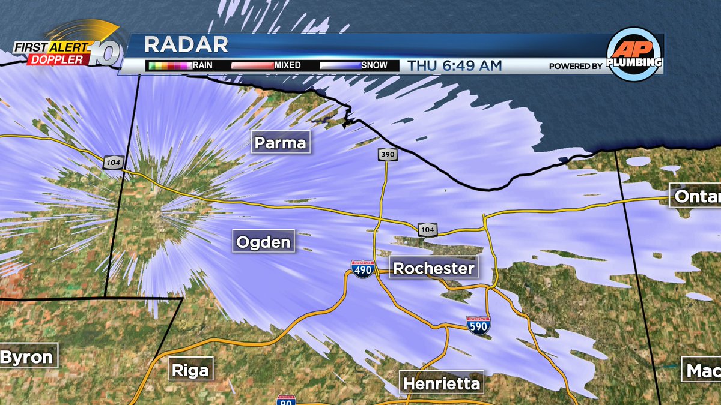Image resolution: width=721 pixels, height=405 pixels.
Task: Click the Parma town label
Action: pos(280,143)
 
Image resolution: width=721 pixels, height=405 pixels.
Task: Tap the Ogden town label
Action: pos(264,242)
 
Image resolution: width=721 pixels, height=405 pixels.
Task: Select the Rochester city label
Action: pos(434,268)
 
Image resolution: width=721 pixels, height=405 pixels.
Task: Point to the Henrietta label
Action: pos(442,383)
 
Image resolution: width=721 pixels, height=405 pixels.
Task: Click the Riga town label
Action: pos(190,370)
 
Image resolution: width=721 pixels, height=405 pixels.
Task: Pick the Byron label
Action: pos(27,358)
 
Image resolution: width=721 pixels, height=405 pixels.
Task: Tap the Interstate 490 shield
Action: pos(363,268)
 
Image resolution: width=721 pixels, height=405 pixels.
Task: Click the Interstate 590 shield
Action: pos(478,325)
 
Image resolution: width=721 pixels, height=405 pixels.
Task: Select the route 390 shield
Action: pos(387,155)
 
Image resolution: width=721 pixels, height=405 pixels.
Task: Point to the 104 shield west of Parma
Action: pos(112,161)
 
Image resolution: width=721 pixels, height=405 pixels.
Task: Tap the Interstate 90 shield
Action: pos(286,400)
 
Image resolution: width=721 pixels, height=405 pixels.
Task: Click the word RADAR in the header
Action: pos(186,45)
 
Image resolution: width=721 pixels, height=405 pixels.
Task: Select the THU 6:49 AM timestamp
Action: pos(454,65)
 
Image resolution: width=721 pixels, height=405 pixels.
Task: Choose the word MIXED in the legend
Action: pos(287,65)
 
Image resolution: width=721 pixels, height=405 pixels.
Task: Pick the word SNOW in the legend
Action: pos(374,65)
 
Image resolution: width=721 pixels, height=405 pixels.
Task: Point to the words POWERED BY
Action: pos(575,66)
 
